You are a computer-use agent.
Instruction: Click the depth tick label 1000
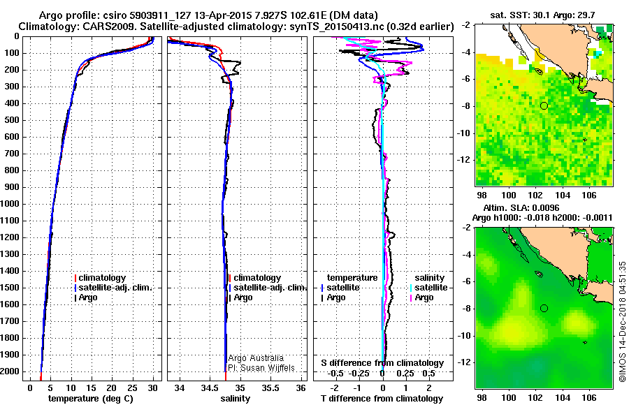point(10,204)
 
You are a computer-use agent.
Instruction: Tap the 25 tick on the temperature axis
point(132,388)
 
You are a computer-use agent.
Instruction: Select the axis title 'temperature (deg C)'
point(91,399)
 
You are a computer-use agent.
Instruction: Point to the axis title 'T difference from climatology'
point(382,399)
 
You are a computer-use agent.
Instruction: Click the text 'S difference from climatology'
point(382,363)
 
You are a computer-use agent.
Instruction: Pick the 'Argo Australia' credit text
point(256,358)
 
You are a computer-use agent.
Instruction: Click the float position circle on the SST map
point(544,106)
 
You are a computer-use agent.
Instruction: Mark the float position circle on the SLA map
point(544,309)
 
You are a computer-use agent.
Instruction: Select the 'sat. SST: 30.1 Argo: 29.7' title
point(542,15)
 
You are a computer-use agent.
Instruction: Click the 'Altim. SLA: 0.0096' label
point(521,207)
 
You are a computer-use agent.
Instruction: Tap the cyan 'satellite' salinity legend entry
point(429,288)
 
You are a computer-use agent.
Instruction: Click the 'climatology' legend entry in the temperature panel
point(100,278)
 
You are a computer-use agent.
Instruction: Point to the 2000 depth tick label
point(10,371)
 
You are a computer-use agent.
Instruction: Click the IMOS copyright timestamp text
point(623,322)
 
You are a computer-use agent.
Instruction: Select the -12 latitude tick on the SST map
point(465,160)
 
